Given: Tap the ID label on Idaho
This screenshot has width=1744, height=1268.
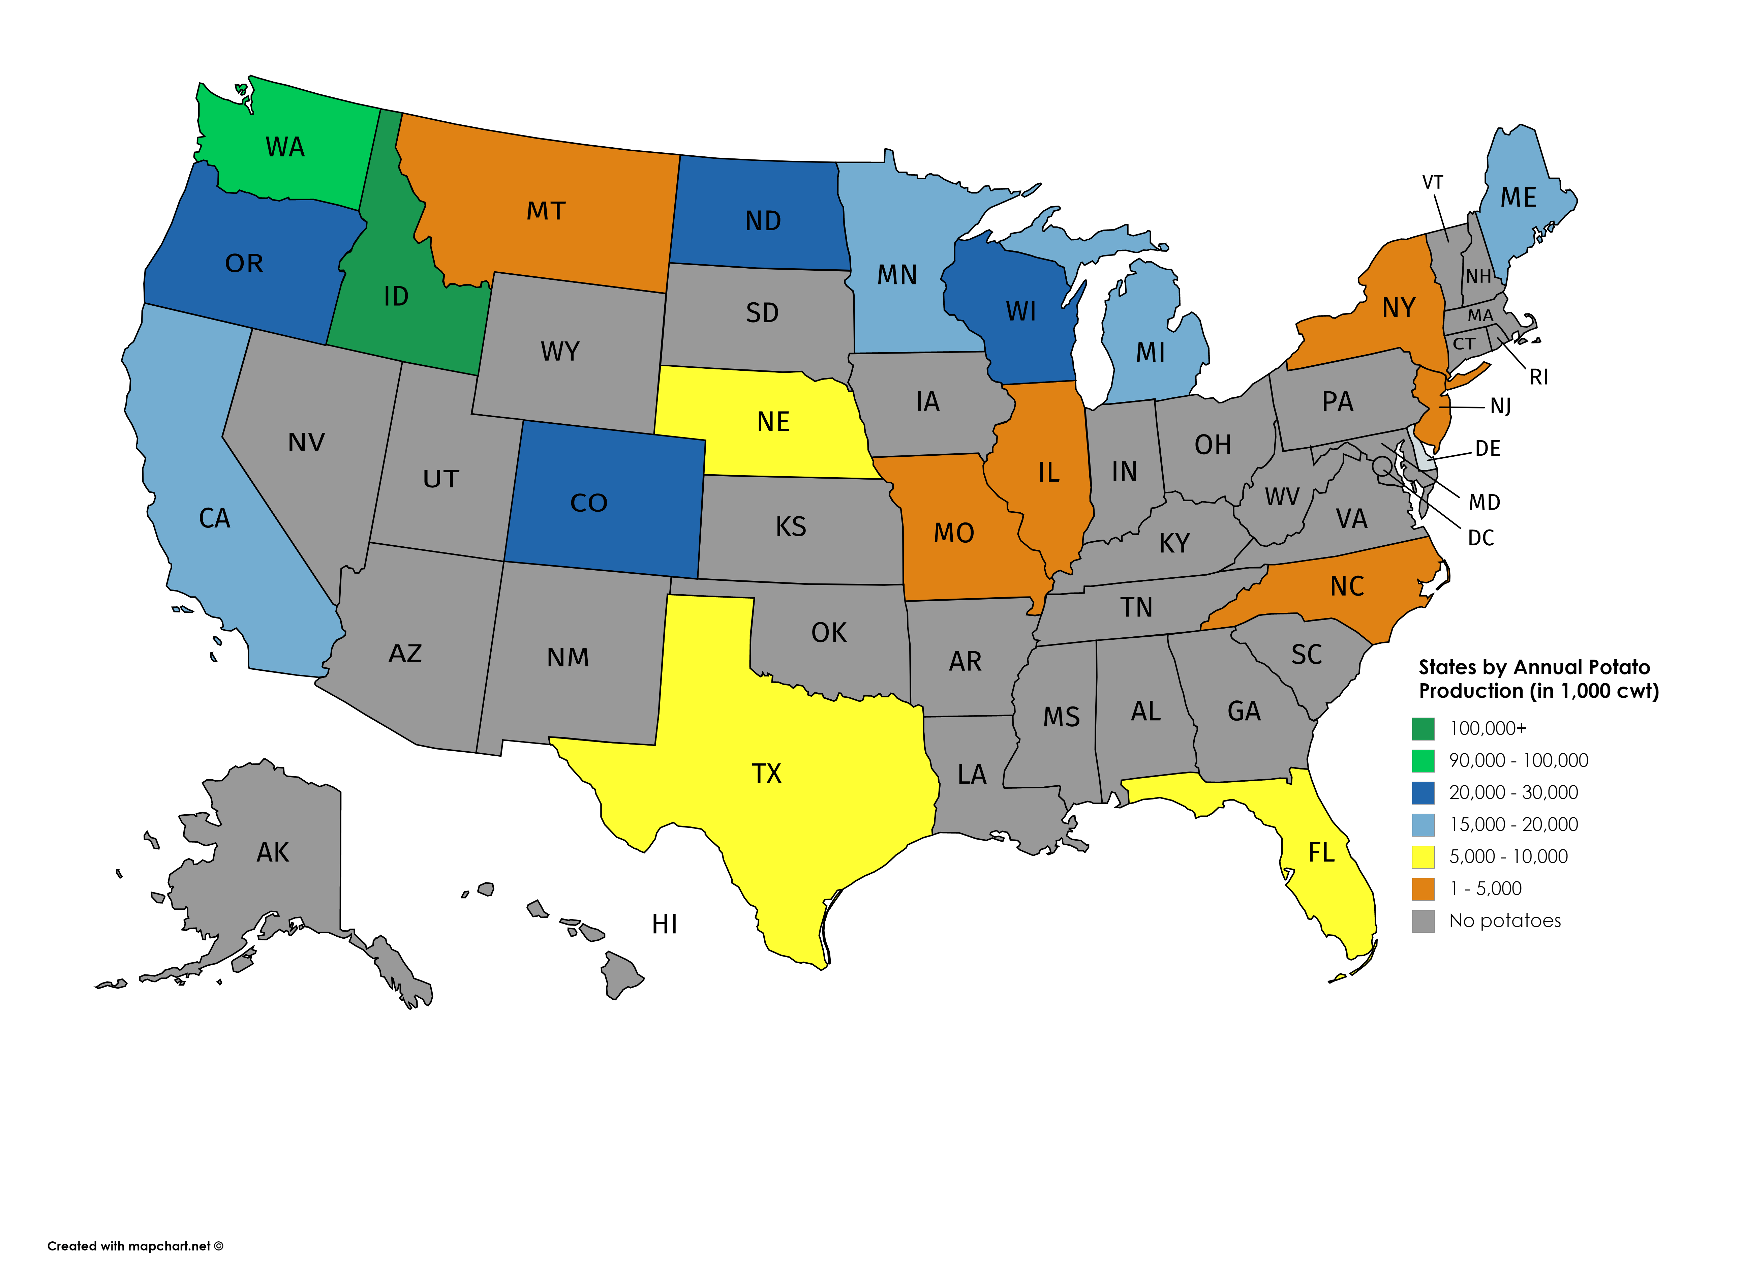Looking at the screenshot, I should click(396, 296).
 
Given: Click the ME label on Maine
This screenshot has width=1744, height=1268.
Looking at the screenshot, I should click(1519, 198).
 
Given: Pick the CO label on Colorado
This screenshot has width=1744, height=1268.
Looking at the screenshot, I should click(589, 503).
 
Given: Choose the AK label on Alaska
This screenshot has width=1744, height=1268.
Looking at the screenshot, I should click(273, 852).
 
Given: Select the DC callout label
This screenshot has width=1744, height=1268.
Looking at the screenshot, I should click(1481, 538).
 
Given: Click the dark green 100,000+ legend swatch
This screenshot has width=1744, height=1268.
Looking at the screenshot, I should click(1424, 728).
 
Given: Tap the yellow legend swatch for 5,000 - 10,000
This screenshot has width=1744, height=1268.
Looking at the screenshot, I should click(1424, 856).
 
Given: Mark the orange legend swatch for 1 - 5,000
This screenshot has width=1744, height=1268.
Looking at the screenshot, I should click(1424, 889).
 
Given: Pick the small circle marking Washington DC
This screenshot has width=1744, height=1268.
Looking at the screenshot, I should click(1381, 464).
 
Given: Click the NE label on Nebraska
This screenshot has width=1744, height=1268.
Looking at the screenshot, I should click(773, 421).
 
